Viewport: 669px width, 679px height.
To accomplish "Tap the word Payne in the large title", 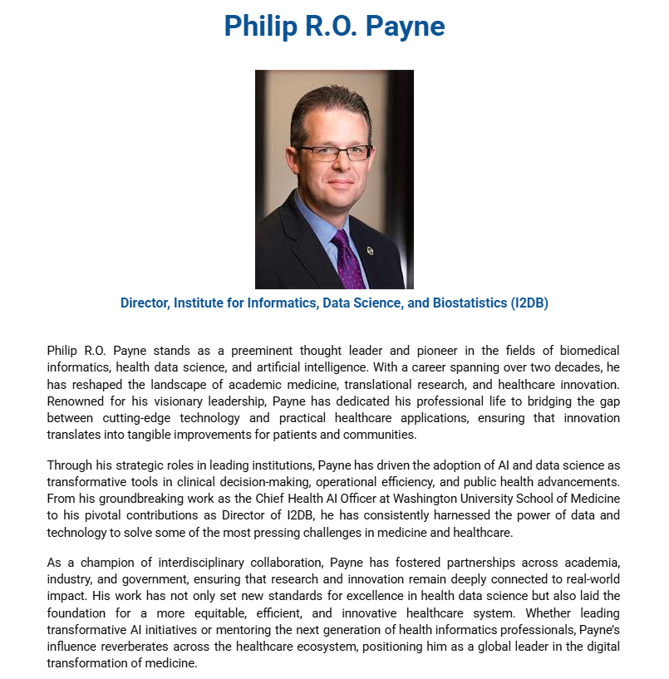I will click(404, 26).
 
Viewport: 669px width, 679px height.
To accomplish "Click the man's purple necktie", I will click(348, 258).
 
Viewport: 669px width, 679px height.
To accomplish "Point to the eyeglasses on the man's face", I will click(335, 152).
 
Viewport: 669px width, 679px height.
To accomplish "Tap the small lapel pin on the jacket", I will click(369, 250).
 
